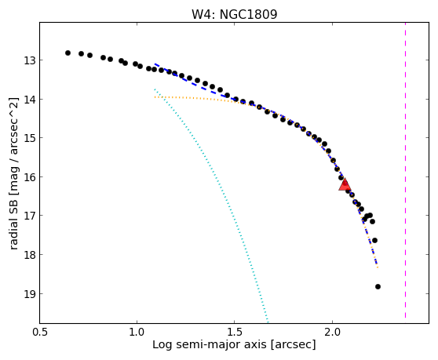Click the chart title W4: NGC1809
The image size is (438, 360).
point(234,15)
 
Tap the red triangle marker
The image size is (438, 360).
point(345,184)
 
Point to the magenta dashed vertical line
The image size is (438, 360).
point(405,170)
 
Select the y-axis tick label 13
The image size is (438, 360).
point(29,60)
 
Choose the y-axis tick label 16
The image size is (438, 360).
point(29,177)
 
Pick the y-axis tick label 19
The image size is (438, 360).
point(29,294)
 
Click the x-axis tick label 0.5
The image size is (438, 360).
point(40,332)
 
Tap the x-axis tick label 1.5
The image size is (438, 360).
point(235,332)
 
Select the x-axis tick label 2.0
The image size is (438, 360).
point(332,332)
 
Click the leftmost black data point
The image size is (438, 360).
point(68,53)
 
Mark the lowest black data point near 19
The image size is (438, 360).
point(378,286)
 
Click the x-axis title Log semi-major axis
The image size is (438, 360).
point(210,344)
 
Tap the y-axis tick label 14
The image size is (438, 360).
point(29,100)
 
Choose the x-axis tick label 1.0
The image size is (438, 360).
point(137,332)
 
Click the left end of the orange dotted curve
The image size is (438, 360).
point(155,97)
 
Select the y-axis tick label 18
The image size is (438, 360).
point(29,255)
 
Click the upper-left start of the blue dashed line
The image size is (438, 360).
point(155,64)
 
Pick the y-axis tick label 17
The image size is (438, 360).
point(29,216)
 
